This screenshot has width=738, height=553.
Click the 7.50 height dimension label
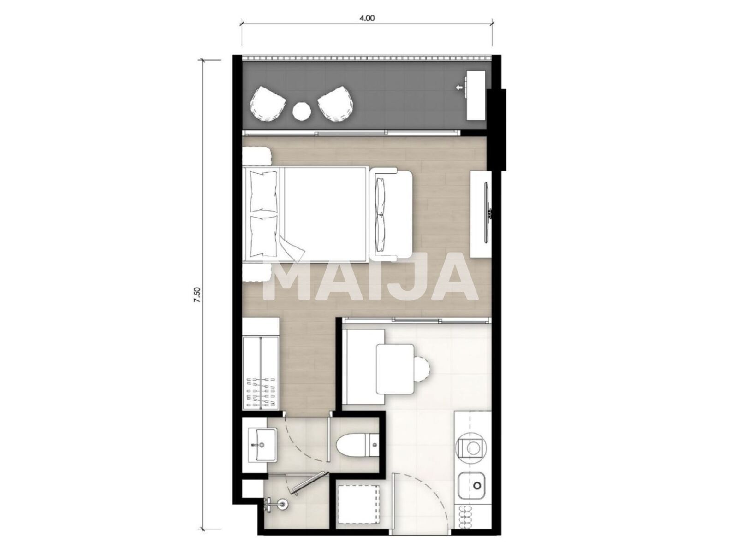pyautogui.click(x=197, y=294)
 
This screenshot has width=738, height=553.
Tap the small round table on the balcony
pyautogui.click(x=302, y=111)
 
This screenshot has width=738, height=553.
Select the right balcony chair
pyautogui.click(x=336, y=105)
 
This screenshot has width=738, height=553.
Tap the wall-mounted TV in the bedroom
pyautogui.click(x=487, y=212)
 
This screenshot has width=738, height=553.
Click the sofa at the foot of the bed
pyautogui.click(x=391, y=212)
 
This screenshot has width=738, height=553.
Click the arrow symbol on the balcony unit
pyautogui.click(x=459, y=87)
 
